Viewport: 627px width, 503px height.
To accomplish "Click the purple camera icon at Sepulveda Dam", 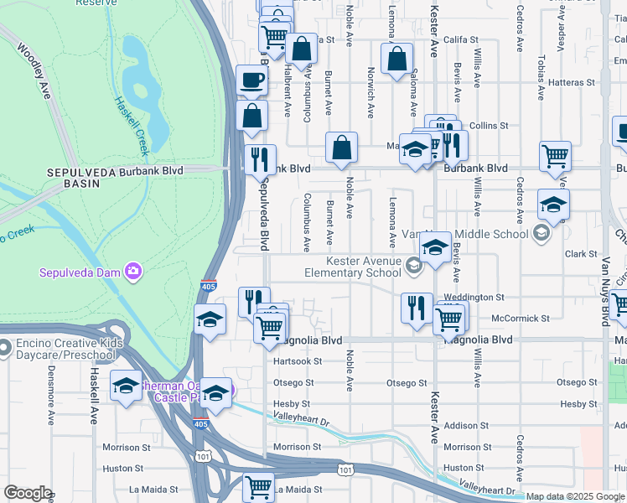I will [133, 271].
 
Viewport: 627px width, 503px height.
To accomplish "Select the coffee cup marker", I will [251, 80].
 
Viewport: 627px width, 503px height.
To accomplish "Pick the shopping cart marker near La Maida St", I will [258, 485].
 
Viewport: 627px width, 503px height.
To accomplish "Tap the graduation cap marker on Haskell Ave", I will [126, 386].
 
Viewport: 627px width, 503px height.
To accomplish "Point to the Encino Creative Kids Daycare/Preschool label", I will [68, 349].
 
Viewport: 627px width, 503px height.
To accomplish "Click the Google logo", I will [28, 493].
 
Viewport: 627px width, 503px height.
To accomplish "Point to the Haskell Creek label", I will [132, 125].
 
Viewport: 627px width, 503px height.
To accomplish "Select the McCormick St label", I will [521, 319].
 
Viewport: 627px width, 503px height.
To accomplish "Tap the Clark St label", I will [579, 254].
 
